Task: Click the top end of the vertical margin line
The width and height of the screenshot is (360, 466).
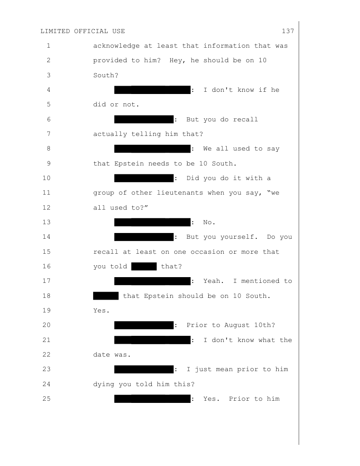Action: (x=299, y=21)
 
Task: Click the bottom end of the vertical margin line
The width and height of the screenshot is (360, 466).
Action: (x=299, y=445)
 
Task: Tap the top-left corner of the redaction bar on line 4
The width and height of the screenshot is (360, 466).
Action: (x=114, y=86)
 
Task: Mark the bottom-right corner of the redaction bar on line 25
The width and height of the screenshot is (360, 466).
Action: (x=191, y=403)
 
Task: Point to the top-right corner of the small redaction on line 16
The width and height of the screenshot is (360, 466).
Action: (x=157, y=263)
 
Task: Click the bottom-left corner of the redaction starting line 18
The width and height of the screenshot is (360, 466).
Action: (x=93, y=300)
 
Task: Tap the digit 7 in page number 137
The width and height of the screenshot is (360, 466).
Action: (x=292, y=31)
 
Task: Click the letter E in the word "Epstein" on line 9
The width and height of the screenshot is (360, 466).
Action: (x=116, y=163)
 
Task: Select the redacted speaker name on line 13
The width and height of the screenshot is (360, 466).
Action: (x=152, y=222)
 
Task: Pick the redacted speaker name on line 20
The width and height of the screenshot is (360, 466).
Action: (x=144, y=325)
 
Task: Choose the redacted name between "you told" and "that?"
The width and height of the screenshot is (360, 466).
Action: (x=144, y=266)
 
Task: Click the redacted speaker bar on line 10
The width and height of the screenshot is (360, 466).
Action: (x=144, y=178)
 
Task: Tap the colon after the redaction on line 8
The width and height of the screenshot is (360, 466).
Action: (x=193, y=149)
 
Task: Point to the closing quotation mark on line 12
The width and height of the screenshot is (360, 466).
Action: (x=146, y=207)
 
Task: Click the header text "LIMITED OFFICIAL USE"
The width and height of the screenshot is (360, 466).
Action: (x=82, y=31)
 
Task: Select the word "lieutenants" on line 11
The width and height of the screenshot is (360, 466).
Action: (x=180, y=193)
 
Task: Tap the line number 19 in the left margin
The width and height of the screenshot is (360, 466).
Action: (x=47, y=310)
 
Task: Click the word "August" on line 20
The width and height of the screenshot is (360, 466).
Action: (x=237, y=325)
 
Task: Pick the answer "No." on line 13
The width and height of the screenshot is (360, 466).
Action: (x=210, y=222)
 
